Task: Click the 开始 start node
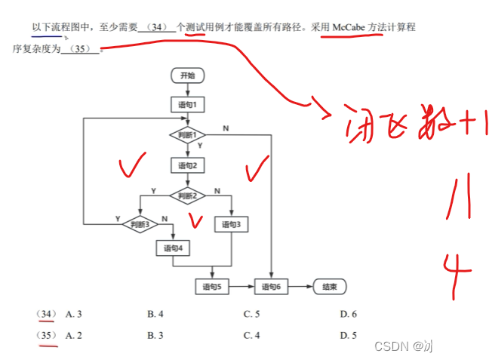187,75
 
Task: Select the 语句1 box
187,105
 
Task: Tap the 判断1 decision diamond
186,135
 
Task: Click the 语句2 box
187,165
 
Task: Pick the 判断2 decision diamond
186,195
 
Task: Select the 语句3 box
231,224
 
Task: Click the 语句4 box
173,248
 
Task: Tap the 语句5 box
211,287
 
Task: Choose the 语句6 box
271,287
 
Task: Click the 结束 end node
329,287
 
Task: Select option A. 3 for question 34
74,314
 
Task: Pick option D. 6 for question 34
348,314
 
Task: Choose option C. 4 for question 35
251,335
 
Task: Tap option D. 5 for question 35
348,335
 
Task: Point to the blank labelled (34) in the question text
157,27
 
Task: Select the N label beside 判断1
226,128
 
